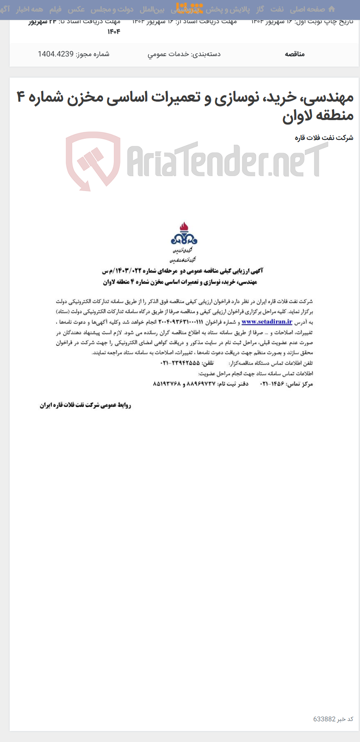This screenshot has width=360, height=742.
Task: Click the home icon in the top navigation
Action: click(x=331, y=9)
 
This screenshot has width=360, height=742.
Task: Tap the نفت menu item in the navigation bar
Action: click(x=277, y=9)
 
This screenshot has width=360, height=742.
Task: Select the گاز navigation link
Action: click(x=260, y=9)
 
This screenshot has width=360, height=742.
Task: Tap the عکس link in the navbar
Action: click(x=76, y=9)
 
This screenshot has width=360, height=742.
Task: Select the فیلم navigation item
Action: click(x=55, y=9)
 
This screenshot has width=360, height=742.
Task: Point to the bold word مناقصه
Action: click(x=295, y=54)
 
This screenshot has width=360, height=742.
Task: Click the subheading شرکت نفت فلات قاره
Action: click(x=324, y=138)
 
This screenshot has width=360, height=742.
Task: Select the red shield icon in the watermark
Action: click(x=93, y=160)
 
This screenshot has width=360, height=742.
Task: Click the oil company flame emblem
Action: click(x=184, y=234)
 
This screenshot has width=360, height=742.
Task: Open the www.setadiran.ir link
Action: click(x=267, y=321)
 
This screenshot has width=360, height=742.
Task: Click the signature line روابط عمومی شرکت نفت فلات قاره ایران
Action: click(x=86, y=405)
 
